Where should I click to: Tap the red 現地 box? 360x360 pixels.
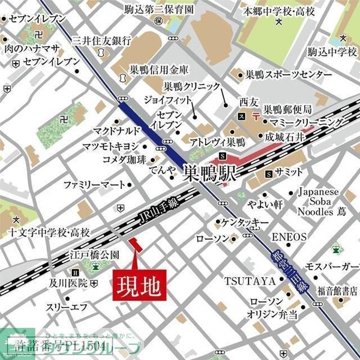[138, 284]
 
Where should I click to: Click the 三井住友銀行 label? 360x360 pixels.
[101, 41]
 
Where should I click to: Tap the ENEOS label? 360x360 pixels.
[289, 236]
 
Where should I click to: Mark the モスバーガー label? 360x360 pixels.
[332, 266]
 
